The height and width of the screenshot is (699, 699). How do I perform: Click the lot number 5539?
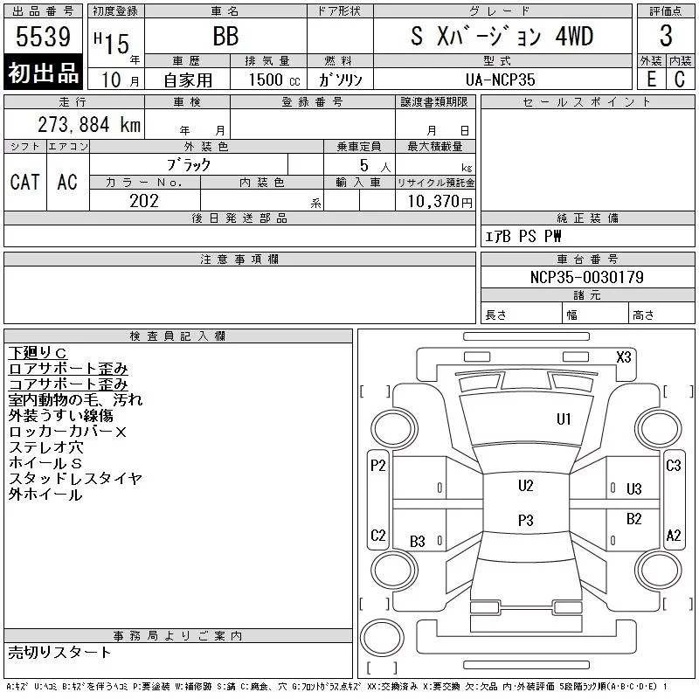pos(43,36)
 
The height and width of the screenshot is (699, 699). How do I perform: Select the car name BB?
pos(225,36)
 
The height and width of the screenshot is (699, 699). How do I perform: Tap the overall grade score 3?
pos(666,36)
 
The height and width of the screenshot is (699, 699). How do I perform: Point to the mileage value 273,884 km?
pos(89,124)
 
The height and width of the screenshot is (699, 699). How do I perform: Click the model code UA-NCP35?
pos(500,80)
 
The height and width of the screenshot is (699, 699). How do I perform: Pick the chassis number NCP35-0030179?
pos(586,277)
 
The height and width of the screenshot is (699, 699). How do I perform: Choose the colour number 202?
pos(144,201)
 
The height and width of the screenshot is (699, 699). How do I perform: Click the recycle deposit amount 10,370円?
pos(439,201)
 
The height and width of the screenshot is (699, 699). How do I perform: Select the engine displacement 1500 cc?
pos(274,80)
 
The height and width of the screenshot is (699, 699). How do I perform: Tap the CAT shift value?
pos(25,182)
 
